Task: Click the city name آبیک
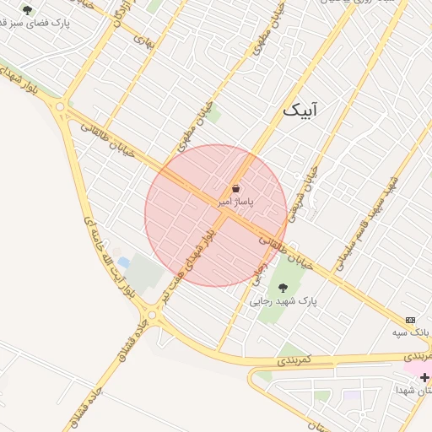click(301, 110)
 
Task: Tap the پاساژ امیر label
click(235, 202)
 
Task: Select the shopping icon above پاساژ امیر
click(236, 188)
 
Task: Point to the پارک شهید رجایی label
click(283, 301)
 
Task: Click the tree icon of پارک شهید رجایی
click(283, 289)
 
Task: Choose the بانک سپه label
click(412, 333)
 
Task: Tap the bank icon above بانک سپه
click(411, 321)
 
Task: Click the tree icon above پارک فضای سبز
click(28, 11)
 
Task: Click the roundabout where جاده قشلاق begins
click(152, 316)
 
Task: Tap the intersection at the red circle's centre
click(216, 215)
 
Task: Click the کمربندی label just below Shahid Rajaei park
click(294, 360)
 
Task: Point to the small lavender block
click(351, 395)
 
